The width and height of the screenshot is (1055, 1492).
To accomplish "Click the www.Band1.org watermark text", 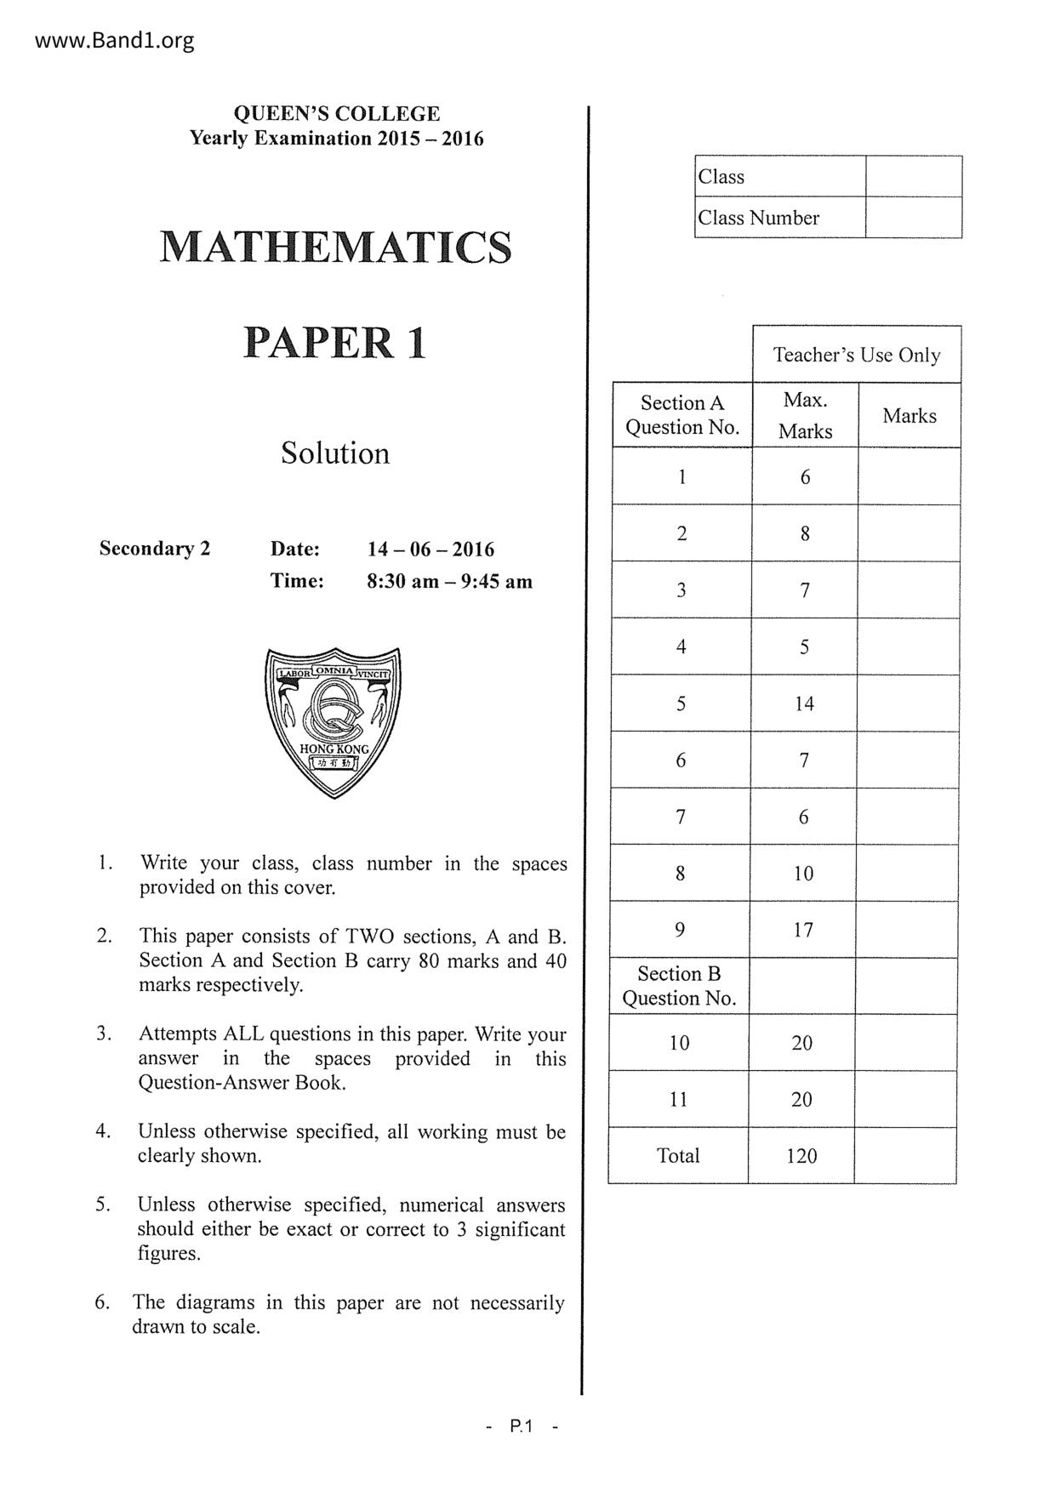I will (x=115, y=40).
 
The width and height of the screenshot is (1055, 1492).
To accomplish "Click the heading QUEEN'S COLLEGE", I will (x=336, y=114).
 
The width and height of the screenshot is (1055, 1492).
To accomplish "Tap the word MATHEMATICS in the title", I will (x=336, y=247).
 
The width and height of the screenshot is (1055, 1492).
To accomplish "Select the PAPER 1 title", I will (x=335, y=343).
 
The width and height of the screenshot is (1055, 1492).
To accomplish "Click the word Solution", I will (x=335, y=453).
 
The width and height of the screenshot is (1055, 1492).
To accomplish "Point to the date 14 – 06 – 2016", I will (x=431, y=550).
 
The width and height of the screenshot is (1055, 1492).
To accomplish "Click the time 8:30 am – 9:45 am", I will (x=449, y=582).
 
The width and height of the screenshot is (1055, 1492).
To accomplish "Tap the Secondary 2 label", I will (x=155, y=549).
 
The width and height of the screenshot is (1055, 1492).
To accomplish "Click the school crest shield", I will (x=334, y=722).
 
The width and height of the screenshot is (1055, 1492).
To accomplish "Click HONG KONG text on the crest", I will (x=334, y=749).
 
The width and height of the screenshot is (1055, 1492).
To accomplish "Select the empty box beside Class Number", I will (x=913, y=218).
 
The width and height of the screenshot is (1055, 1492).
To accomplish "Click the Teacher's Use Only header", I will (x=856, y=355).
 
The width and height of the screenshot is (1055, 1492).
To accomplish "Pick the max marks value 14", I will (x=804, y=703).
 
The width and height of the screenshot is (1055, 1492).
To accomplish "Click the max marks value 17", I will (x=803, y=930).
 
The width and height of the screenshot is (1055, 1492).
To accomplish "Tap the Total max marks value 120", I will (x=801, y=1156).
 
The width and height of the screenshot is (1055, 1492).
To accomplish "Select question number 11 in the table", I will (x=678, y=1100).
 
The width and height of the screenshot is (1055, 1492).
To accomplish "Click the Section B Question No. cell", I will (x=679, y=986).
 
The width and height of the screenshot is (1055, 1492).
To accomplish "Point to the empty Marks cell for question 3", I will (x=909, y=590).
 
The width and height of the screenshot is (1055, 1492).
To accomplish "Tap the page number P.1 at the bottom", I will (x=521, y=1427).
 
